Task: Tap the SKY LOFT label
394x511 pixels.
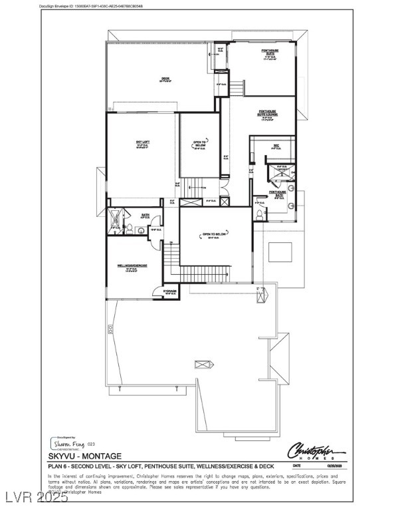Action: pyautogui.click(x=142, y=142)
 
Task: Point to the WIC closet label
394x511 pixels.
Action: pyautogui.click(x=275, y=145)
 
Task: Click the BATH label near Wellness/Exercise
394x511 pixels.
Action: pyautogui.click(x=145, y=215)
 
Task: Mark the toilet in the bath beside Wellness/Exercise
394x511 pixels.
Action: pyautogui.click(x=132, y=230)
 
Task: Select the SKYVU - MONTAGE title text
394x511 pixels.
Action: pyautogui.click(x=84, y=456)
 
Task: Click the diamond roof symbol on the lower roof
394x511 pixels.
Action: pyautogui.click(x=201, y=364)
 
